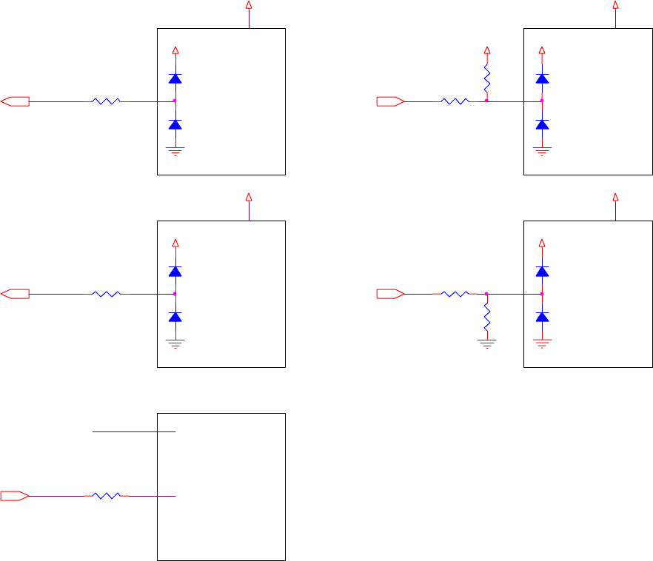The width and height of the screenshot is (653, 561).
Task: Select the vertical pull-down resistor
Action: (487, 318)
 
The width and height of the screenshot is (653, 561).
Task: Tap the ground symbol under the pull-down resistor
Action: (487, 342)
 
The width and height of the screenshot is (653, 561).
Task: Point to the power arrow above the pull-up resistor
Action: (487, 50)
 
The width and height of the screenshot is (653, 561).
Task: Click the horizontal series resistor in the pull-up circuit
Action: (453, 101)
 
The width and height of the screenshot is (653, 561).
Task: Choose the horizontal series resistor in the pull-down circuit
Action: (453, 294)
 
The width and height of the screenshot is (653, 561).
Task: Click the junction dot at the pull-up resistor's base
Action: (487, 101)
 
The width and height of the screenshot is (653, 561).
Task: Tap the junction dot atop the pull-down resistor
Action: (487, 294)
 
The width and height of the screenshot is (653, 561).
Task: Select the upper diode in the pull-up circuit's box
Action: (542, 78)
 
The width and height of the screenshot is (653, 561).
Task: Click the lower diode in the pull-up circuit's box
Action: (542, 124)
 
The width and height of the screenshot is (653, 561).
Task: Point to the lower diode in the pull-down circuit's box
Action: (542, 317)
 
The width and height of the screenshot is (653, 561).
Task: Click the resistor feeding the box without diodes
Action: (107, 495)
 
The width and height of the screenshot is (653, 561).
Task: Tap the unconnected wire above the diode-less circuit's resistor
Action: (133, 431)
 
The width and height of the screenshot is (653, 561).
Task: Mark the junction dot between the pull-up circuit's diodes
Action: (542, 101)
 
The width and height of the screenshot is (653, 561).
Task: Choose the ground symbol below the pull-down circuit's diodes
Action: (542, 342)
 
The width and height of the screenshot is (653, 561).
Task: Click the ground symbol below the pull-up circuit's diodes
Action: (542, 150)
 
